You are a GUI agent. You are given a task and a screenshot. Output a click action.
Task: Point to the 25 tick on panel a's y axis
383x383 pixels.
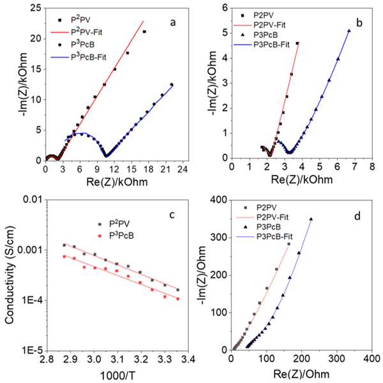click(x=33, y=8)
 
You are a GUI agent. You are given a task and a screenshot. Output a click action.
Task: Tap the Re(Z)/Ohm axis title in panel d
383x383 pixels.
click(x=303, y=374)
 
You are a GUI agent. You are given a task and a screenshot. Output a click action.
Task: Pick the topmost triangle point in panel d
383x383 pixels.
click(x=311, y=219)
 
